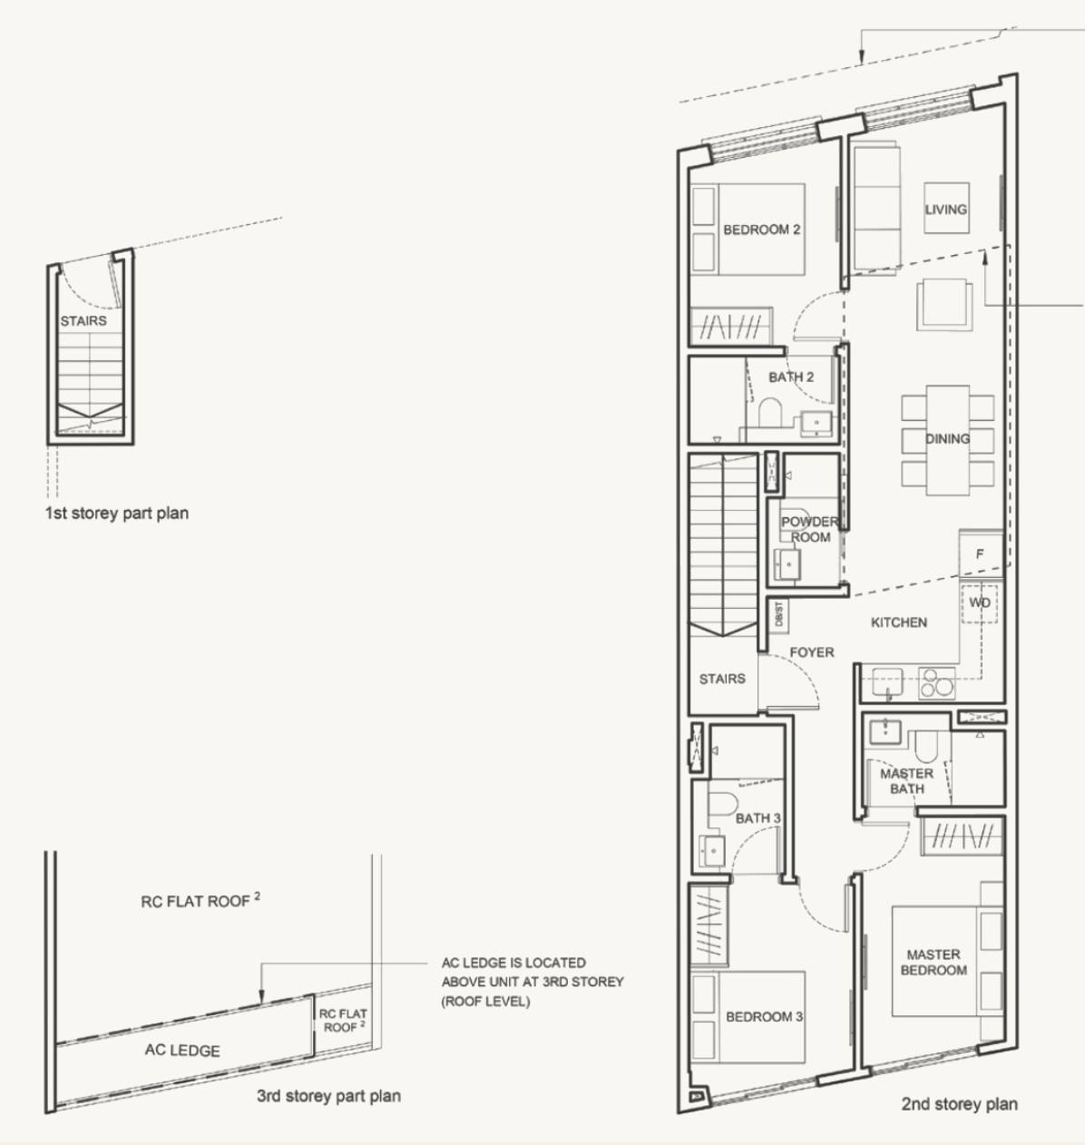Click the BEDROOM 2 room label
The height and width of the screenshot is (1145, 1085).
pyautogui.click(x=761, y=230)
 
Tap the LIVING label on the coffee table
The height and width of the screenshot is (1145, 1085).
pyautogui.click(x=946, y=209)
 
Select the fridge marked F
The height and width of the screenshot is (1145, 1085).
pyautogui.click(x=980, y=553)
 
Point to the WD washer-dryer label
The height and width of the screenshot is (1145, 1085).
pyautogui.click(x=980, y=602)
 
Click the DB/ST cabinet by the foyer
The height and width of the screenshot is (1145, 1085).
pyautogui.click(x=778, y=614)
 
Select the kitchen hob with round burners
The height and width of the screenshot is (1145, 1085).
pyautogui.click(x=936, y=682)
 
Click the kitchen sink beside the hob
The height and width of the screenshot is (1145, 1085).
pyautogui.click(x=887, y=682)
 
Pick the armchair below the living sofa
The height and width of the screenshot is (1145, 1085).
pyautogui.click(x=944, y=304)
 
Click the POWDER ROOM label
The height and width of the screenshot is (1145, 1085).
pyautogui.click(x=810, y=529)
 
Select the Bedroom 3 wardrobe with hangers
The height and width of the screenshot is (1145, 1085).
pyautogui.click(x=709, y=925)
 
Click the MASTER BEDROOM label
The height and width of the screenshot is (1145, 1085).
pyautogui.click(x=933, y=962)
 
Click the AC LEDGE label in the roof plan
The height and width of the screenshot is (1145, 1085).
pyautogui.click(x=182, y=1051)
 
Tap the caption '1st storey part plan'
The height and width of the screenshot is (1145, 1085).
pyautogui.click(x=117, y=514)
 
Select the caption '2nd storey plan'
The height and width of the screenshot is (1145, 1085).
pyautogui.click(x=959, y=1103)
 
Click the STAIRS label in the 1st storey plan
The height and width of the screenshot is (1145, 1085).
pyautogui.click(x=83, y=321)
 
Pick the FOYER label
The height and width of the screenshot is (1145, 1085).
pyautogui.click(x=812, y=652)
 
